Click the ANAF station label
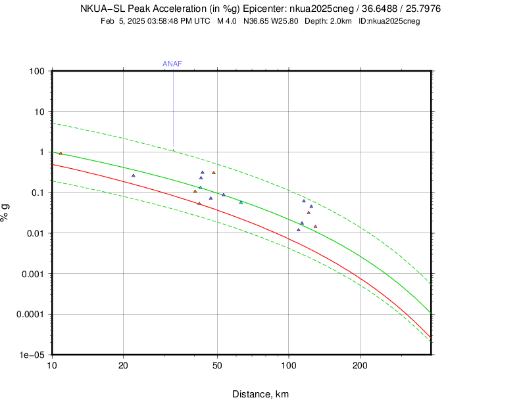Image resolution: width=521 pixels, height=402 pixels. [172, 64]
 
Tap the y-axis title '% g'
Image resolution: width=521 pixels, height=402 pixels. [6, 212]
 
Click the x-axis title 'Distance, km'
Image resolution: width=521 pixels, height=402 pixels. [260, 394]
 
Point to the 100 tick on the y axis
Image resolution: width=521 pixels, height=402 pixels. [36, 71]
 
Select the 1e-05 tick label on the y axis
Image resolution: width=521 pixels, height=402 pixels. [31, 355]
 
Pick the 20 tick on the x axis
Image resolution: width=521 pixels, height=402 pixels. [123, 365]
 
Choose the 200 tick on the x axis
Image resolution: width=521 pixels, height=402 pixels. [360, 365]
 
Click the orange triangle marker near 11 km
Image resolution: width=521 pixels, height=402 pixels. [61, 153]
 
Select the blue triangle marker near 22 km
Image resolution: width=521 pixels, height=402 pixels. [133, 175]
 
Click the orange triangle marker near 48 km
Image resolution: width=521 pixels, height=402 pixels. [214, 173]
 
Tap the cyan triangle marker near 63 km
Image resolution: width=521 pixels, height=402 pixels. [241, 202]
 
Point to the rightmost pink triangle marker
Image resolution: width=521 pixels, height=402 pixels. [315, 227]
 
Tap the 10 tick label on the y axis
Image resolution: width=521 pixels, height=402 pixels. [37, 112]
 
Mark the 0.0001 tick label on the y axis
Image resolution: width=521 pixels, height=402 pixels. [28, 314]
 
